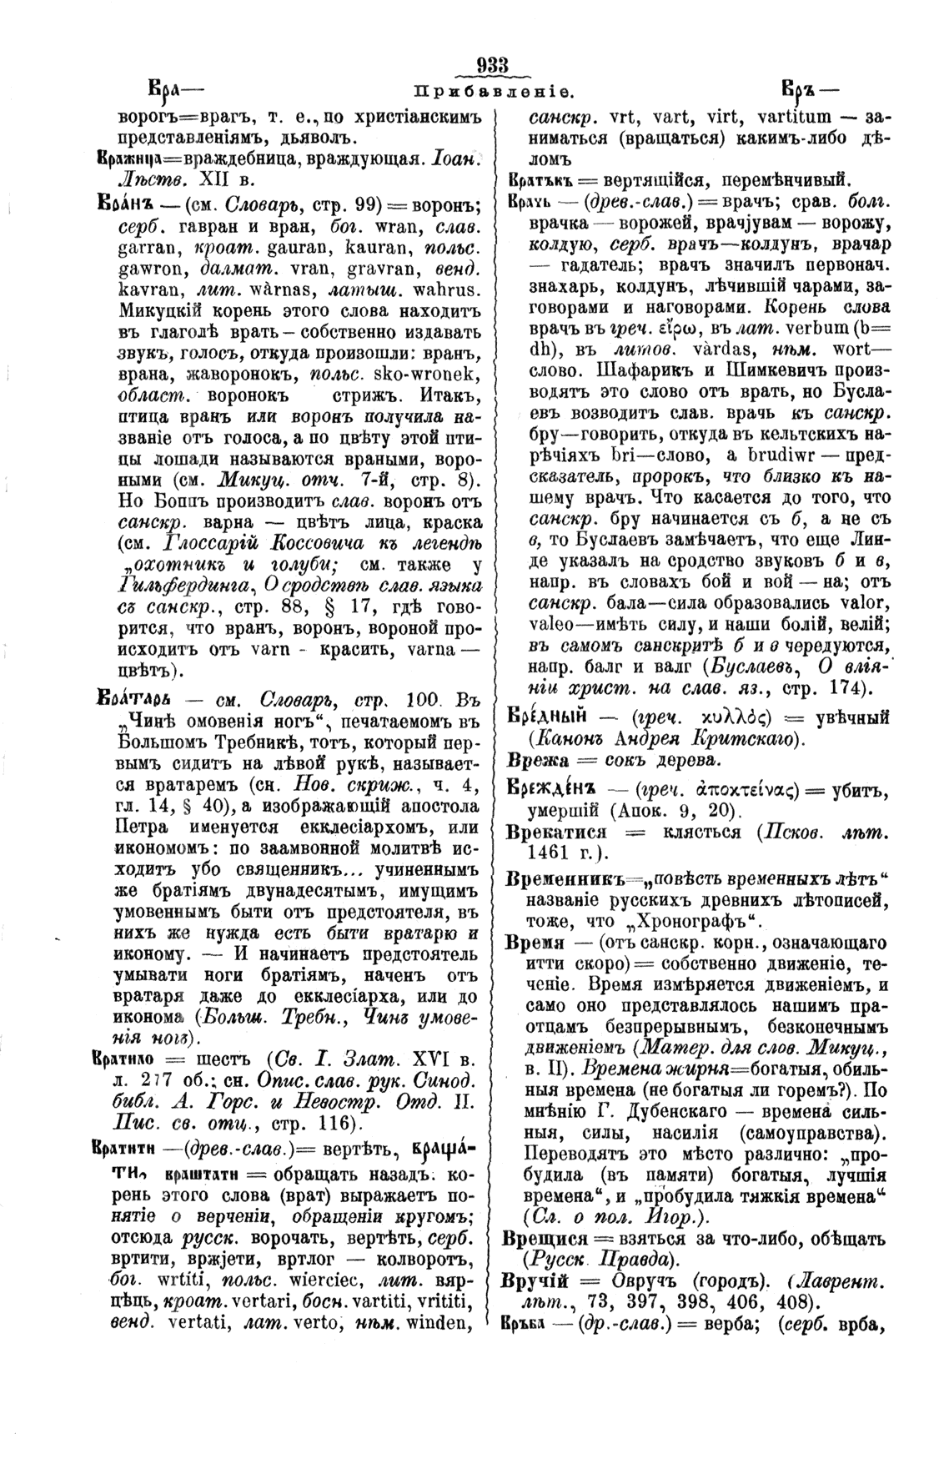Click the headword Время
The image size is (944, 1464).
coord(530,943)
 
